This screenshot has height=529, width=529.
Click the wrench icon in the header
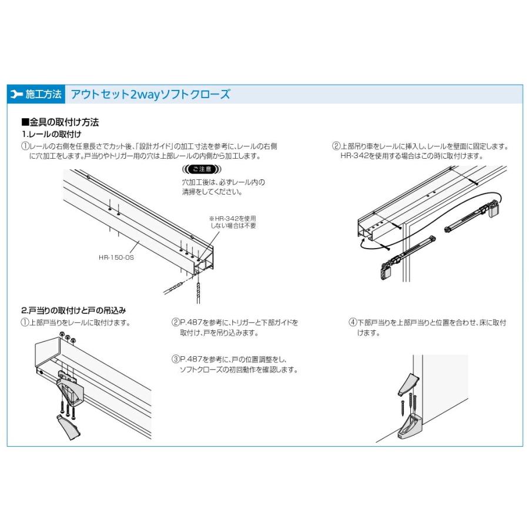click(16, 94)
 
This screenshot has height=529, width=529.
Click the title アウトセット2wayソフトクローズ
click(150, 94)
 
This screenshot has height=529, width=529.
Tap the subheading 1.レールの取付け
click(51, 135)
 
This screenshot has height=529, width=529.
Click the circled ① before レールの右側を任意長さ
click(25, 146)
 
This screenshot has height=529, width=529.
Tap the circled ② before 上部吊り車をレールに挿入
click(336, 146)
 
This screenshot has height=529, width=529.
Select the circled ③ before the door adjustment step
click(175, 359)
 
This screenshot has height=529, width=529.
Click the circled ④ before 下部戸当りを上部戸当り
click(353, 322)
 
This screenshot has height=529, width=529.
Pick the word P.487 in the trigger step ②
click(190, 322)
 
